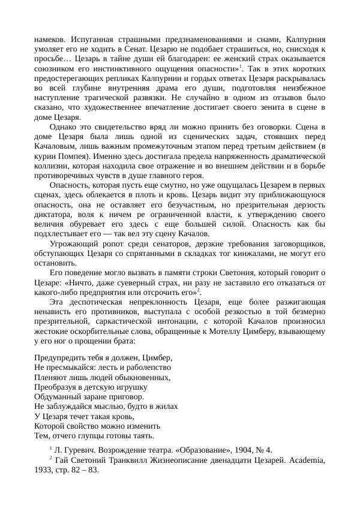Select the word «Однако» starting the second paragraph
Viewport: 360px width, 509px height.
pos(64,127)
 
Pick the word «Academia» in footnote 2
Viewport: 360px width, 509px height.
pos(304,460)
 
